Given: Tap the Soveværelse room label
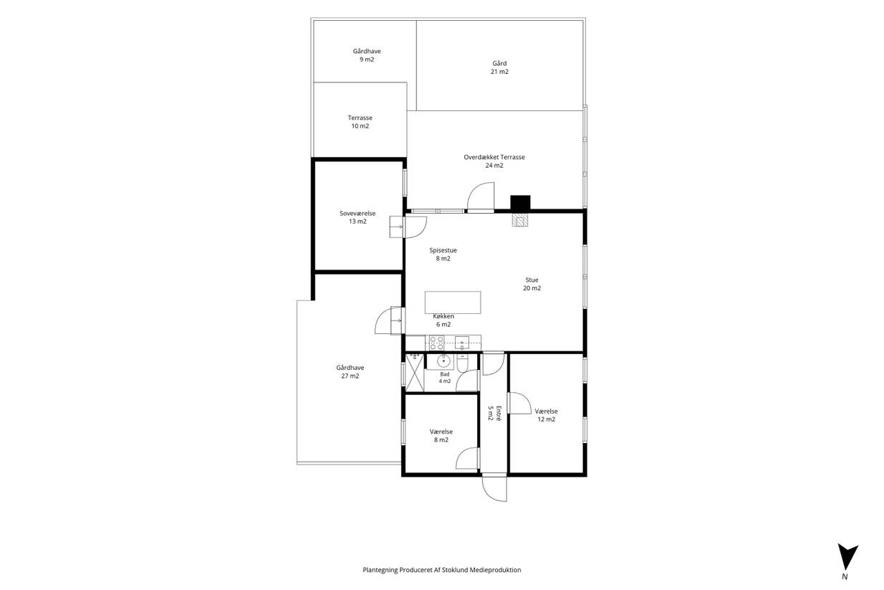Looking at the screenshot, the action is (357, 217).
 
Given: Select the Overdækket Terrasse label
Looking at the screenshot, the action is (494, 161).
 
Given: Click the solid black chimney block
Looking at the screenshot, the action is (520, 203).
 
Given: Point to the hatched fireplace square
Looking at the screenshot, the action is (520, 220).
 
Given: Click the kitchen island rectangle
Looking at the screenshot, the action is (453, 303).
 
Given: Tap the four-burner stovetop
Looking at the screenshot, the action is (436, 343).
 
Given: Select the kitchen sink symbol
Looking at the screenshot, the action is (462, 343).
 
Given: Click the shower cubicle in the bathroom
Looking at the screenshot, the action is (415, 372).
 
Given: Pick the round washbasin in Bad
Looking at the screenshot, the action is (444, 361).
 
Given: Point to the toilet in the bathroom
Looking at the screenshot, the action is (463, 363).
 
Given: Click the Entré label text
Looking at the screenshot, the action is (494, 413).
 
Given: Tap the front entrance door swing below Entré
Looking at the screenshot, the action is (494, 488).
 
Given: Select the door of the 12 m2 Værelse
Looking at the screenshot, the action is (519, 403).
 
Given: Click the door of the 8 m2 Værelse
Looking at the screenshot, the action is (468, 458).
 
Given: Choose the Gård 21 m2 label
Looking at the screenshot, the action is (499, 67).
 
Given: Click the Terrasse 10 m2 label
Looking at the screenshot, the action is (360, 122).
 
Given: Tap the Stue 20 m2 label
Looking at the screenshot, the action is (532, 284).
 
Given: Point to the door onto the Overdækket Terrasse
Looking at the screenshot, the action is (481, 197).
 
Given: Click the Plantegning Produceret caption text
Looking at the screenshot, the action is (442, 570).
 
